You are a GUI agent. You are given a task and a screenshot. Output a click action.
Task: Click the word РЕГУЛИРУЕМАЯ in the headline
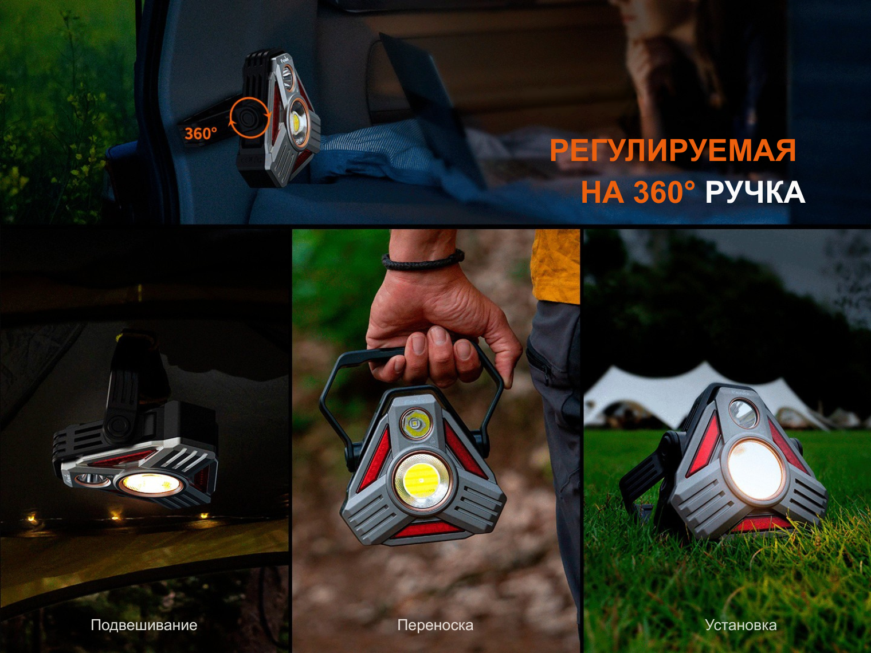(x=673, y=151)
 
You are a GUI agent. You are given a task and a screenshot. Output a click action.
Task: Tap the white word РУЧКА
(x=755, y=192)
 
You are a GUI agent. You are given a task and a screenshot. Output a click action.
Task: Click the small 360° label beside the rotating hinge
(x=201, y=133)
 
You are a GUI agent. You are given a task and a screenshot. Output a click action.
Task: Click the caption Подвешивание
(x=144, y=625)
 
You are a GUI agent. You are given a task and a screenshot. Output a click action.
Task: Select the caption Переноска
(x=435, y=625)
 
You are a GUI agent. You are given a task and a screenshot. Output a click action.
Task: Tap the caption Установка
(x=741, y=625)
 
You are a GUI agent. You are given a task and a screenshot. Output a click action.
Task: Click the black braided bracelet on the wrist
(x=423, y=260)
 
